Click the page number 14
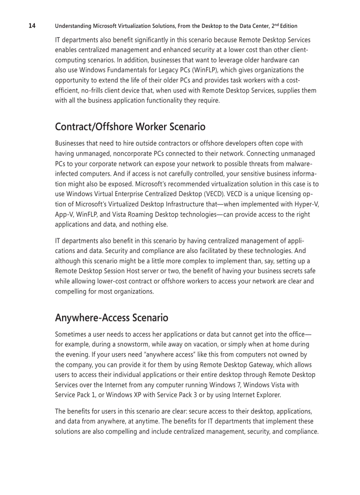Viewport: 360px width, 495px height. pos(32,26)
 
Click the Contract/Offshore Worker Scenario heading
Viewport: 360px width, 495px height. pos(130,127)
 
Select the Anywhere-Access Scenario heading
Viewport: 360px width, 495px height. pos(111,317)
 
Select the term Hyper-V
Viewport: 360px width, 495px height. pos(307,204)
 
